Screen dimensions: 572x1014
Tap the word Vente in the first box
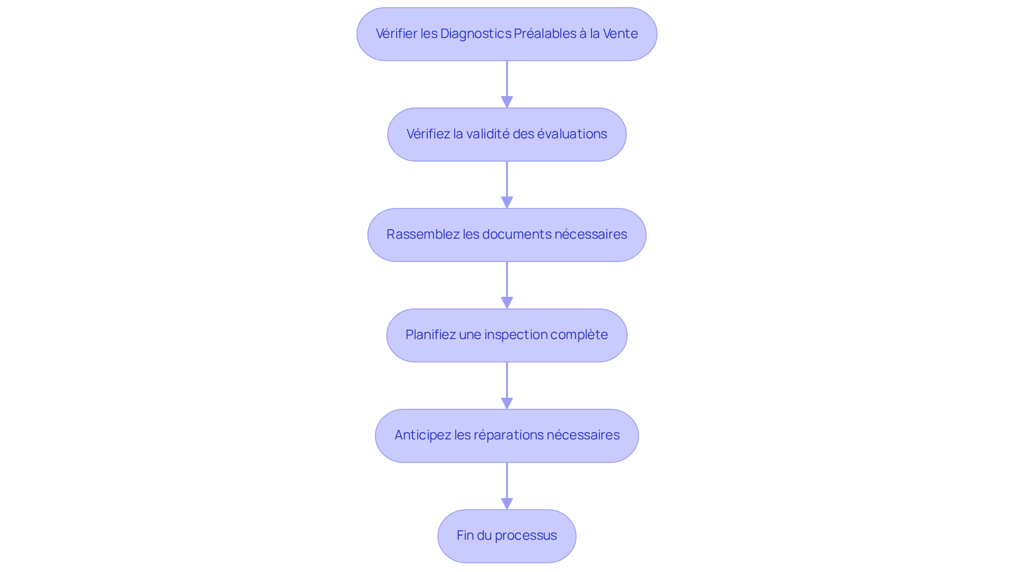(621, 34)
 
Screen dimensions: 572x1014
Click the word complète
(579, 335)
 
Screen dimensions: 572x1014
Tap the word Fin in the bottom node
(465, 536)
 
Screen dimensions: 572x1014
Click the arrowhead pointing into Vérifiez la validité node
(507, 102)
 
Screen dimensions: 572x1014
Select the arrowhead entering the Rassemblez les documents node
(507, 202)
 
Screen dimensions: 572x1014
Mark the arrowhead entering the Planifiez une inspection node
(507, 303)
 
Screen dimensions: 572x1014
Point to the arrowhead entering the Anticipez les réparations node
(507, 403)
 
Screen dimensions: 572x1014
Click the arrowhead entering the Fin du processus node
(507, 503)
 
